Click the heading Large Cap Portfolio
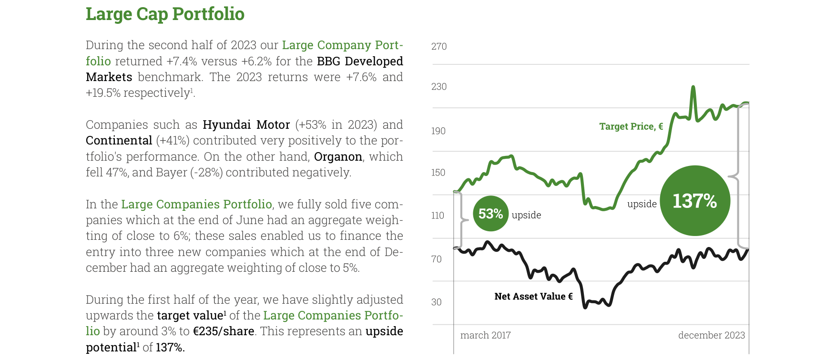165,14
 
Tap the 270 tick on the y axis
439,46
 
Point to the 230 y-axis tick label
439,86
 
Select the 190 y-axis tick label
438,131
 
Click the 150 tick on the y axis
438,173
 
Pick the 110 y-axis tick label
438,216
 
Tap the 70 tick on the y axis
437,259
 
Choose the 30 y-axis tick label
437,302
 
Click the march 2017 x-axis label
485,335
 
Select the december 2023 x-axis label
712,335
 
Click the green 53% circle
490,214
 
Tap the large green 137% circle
695,201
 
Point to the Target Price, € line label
631,126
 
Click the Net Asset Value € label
533,297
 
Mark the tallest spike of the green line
693,87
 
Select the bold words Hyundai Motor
246,125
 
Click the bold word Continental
119,141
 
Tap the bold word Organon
338,157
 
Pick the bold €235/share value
223,331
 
